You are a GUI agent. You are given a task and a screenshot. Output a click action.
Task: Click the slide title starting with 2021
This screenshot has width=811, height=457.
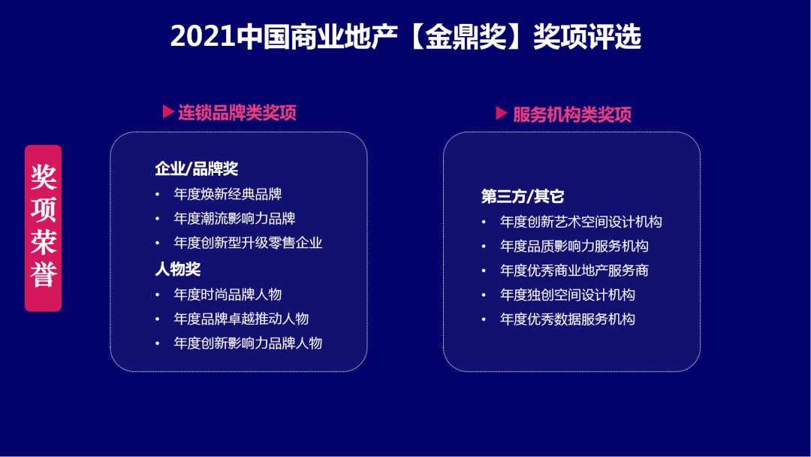point(405,37)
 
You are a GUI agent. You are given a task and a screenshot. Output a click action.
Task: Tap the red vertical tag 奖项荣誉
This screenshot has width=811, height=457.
point(44,228)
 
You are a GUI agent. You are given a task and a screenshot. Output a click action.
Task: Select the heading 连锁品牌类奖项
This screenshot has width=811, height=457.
point(237,113)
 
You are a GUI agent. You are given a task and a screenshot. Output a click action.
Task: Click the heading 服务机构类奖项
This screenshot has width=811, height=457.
point(572,114)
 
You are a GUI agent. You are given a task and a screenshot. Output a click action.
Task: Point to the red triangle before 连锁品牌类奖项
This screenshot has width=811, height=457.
point(168,112)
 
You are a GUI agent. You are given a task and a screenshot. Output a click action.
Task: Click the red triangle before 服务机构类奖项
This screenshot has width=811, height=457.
point(502,113)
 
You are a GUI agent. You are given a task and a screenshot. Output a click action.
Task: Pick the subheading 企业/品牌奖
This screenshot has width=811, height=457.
point(197,169)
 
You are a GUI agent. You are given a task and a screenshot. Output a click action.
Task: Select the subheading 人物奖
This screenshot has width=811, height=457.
point(178,268)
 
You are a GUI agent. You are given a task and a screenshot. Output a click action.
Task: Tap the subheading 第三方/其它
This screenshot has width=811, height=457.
point(523,197)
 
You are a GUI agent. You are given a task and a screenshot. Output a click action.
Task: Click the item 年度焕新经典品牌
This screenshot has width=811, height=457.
point(228,194)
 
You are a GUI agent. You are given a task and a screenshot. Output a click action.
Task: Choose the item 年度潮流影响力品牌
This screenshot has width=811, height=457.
point(234,219)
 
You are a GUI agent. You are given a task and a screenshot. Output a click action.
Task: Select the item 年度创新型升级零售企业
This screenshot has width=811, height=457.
point(248,243)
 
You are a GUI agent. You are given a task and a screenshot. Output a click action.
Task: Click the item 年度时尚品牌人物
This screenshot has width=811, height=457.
point(228,295)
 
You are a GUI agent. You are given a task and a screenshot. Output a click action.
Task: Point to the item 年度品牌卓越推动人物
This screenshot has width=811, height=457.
point(241,319)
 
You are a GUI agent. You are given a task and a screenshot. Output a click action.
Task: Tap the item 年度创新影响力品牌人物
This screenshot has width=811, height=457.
point(248,344)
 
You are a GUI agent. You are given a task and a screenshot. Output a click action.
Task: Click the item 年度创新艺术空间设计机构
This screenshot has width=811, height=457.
point(581,222)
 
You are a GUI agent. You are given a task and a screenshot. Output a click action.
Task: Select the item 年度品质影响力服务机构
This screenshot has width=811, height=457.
point(574,246)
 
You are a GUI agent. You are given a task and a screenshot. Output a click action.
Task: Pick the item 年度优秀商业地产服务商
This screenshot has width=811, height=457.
point(574,271)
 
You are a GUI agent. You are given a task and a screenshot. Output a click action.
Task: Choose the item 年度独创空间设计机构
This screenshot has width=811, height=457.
point(568,295)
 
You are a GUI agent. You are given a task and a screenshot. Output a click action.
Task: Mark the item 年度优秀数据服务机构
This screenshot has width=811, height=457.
point(568,319)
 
